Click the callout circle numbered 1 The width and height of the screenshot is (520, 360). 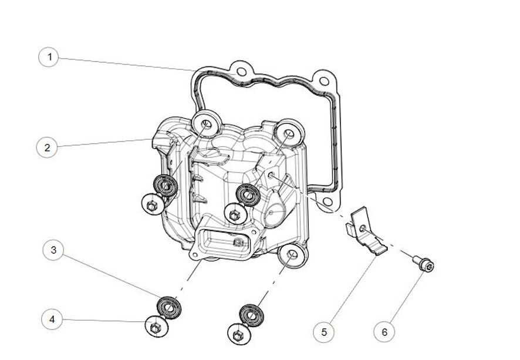[x=50, y=57]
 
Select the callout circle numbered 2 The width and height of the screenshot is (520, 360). [x=47, y=147]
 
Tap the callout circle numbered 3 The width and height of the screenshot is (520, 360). [x=53, y=251]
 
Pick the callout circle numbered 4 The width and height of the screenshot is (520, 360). [x=52, y=319]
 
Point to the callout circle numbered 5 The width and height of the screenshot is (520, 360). [x=324, y=332]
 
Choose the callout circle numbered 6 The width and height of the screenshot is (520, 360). [x=384, y=332]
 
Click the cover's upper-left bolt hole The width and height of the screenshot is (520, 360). [x=205, y=124]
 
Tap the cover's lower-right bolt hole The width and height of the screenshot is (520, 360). [x=292, y=255]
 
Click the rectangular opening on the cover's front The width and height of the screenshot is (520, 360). [x=225, y=242]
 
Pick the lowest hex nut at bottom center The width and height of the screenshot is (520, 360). [x=238, y=335]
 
